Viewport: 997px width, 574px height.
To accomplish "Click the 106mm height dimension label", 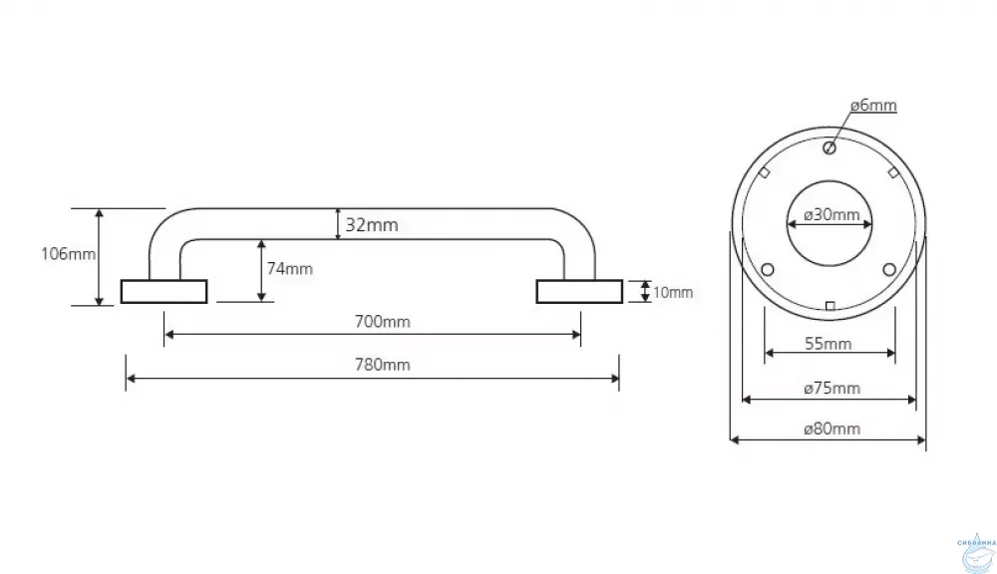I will tap(68, 253).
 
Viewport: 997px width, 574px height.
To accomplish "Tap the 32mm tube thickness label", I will tap(371, 225).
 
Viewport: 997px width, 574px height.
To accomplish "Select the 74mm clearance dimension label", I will tap(289, 268).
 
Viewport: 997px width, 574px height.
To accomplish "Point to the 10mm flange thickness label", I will tap(673, 292).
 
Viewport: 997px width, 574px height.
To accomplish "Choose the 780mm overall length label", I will tap(383, 365).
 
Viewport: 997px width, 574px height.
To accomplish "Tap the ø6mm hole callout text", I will tap(872, 105).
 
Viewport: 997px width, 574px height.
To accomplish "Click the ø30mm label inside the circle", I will tap(831, 215).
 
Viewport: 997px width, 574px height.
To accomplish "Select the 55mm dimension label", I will tap(829, 344).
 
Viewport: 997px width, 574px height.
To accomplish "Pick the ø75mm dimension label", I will tap(831, 388).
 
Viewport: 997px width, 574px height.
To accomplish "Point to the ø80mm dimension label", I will tap(831, 430).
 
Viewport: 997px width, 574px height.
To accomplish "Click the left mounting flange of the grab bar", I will tap(164, 291).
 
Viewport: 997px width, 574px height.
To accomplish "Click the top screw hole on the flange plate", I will tap(829, 148).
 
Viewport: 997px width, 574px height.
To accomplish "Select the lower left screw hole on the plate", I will tap(767, 269).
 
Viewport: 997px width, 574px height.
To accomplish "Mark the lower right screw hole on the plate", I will tap(889, 269).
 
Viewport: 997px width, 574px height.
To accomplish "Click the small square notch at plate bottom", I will tap(830, 304).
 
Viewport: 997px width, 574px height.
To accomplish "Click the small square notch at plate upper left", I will tap(764, 171).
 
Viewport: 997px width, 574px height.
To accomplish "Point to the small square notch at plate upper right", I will tap(893, 171).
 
